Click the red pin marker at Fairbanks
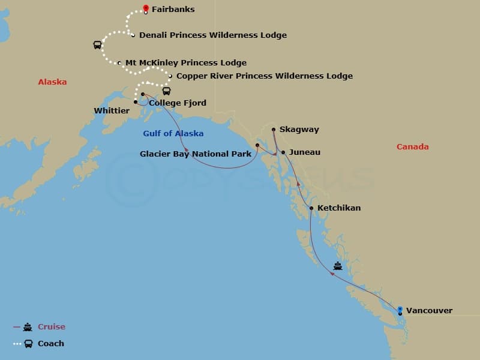click(x=146, y=8)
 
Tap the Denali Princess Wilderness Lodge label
click(x=212, y=35)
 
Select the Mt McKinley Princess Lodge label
click(x=185, y=63)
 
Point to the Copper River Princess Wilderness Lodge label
click(x=264, y=76)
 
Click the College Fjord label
click(x=177, y=103)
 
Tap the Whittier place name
click(x=112, y=111)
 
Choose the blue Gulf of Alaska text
click(x=173, y=134)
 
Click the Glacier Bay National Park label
click(x=196, y=154)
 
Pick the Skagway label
click(x=299, y=130)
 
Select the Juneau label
click(x=304, y=152)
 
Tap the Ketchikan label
click(x=339, y=208)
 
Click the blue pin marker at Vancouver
click(x=400, y=310)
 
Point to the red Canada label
click(x=412, y=147)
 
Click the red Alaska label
click(x=52, y=82)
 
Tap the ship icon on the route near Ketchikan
click(x=338, y=266)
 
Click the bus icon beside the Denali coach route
click(x=97, y=45)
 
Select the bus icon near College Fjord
click(x=166, y=91)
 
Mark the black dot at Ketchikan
click(x=311, y=208)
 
